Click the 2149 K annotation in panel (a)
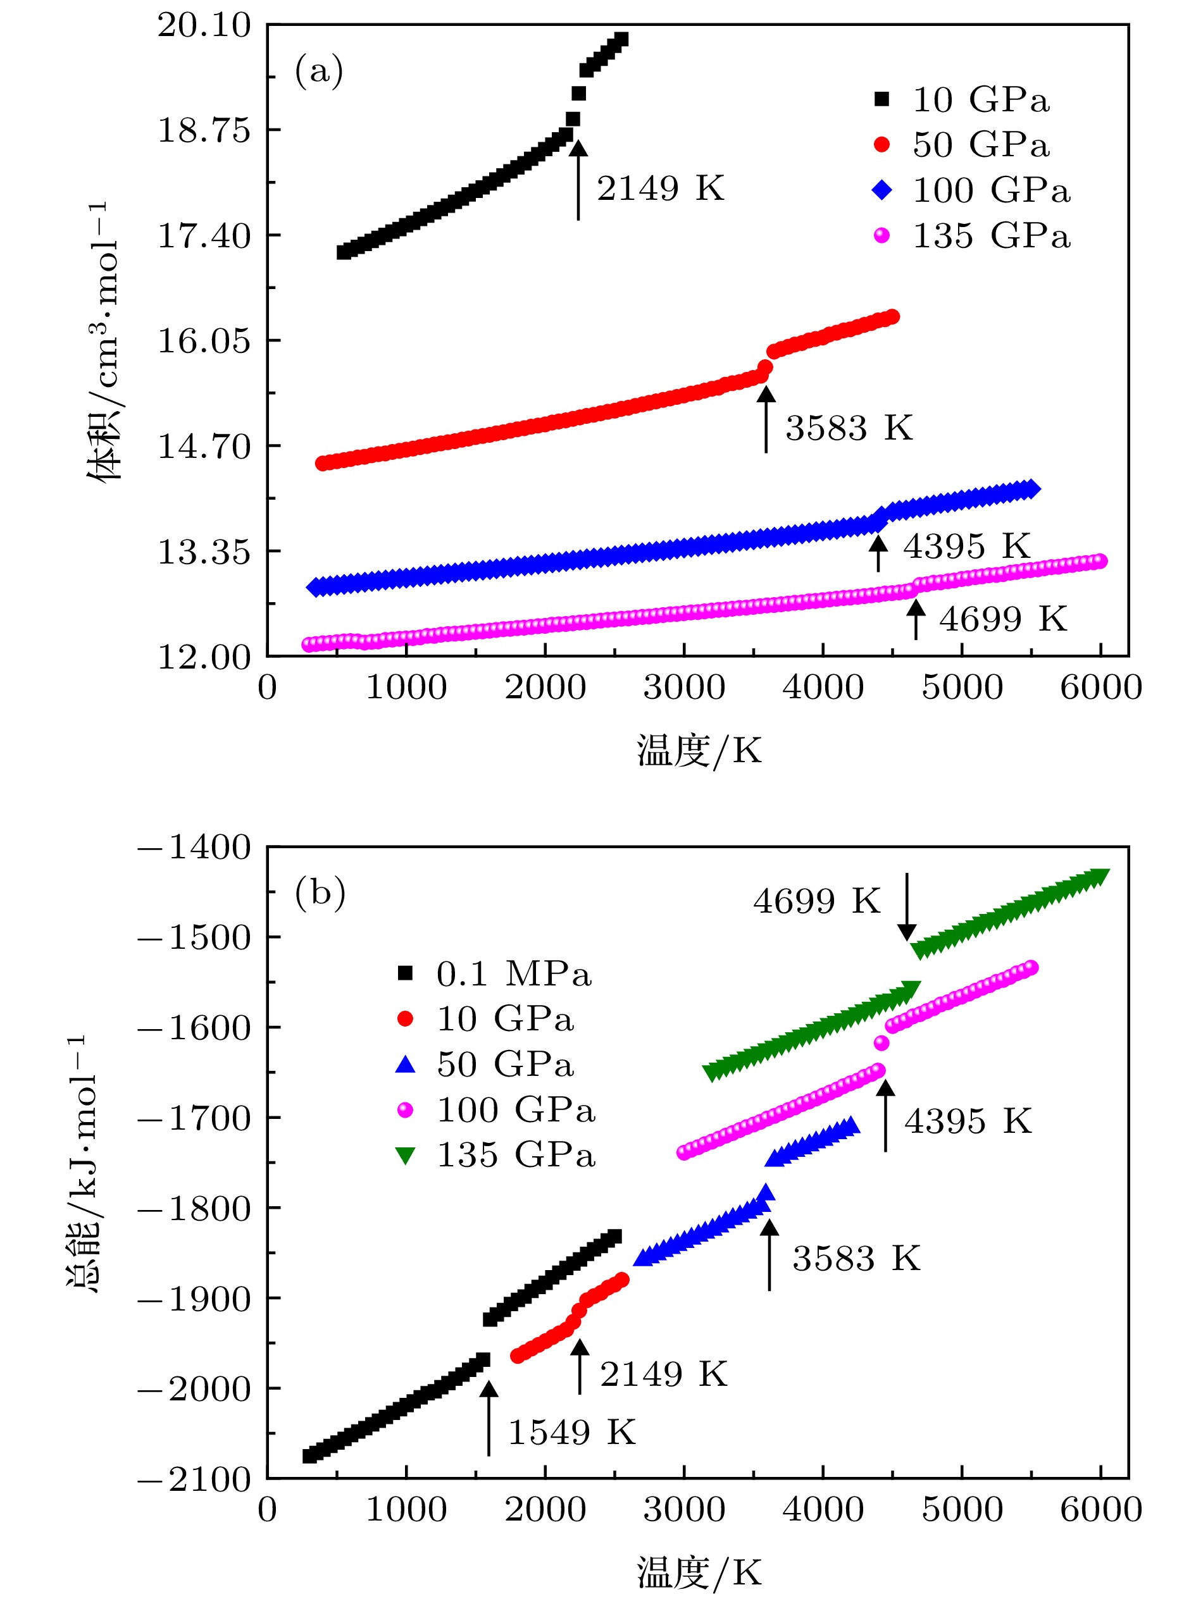pos(659,188)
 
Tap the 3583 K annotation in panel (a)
pos(849,428)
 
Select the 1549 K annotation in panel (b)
pos(571,1432)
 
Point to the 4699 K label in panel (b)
pos(816,901)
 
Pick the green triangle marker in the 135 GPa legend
pos(406,1156)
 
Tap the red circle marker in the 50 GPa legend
pos(881,145)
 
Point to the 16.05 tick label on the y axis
pos(204,340)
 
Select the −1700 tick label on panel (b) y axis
pos(194,1118)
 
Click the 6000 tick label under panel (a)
pos(1100,688)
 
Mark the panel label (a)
pos(319,71)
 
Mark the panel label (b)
pos(320,894)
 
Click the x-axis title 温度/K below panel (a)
pos(699,750)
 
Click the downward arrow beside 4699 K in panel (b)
pos(907,906)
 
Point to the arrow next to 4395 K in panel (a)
pos(878,553)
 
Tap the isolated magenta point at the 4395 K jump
pos(881,1042)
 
